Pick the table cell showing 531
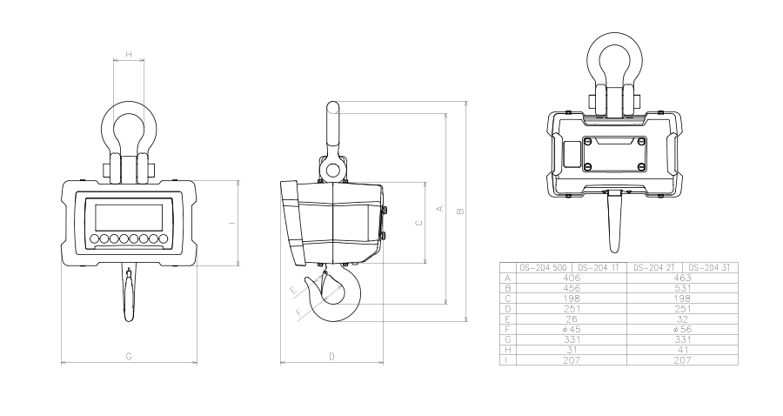tap(681, 288)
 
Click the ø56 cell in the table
tap(681, 330)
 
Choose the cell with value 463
tap(681, 278)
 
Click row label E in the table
tap(506, 319)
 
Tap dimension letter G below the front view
tap(129, 357)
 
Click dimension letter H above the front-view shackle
tap(129, 55)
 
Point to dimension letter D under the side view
tap(331, 357)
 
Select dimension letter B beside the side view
tap(460, 211)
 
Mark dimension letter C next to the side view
tap(419, 223)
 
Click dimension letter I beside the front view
tap(231, 224)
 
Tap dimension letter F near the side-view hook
tap(298, 310)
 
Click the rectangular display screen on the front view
tap(129, 216)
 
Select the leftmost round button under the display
tap(93, 238)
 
